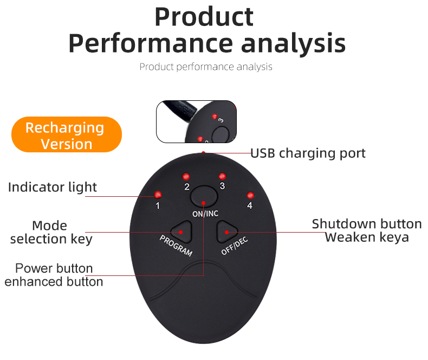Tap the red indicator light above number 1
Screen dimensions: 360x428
pyautogui.click(x=158, y=195)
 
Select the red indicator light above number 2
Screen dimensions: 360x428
pyautogui.click(x=185, y=176)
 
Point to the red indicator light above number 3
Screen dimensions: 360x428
pyautogui.click(x=222, y=176)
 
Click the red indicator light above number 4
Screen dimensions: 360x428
pyautogui.click(x=250, y=195)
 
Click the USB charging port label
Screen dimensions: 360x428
pyautogui.click(x=308, y=153)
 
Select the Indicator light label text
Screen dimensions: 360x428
pyautogui.click(x=53, y=188)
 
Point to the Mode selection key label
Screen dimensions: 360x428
pyautogui.click(x=50, y=232)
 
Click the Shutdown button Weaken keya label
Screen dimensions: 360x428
pyautogui.click(x=367, y=230)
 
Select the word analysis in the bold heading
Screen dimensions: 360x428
pyautogui.click(x=293, y=43)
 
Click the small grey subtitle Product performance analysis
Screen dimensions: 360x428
pyautogui.click(x=206, y=67)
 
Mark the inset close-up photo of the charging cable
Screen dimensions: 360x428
pyautogui.click(x=196, y=121)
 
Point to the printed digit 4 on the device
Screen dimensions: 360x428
pyautogui.click(x=250, y=205)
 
